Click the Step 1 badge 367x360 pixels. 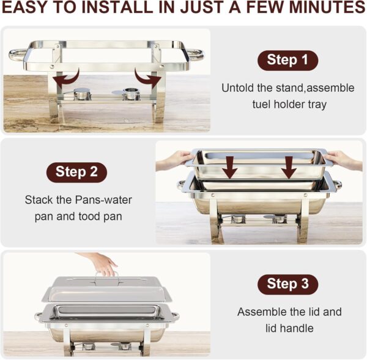287,60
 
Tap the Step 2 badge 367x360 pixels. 76,172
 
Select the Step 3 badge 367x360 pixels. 287,284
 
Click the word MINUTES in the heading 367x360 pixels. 327,8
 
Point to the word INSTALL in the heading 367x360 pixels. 117,8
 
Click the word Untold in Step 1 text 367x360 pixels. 237,88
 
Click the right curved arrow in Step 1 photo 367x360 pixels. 148,79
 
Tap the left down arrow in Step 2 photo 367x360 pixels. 230,167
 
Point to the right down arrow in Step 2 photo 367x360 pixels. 289,167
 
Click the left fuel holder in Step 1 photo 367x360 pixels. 82,94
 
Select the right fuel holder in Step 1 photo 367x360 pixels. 132,94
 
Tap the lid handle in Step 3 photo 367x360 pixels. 106,278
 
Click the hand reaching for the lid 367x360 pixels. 101,263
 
